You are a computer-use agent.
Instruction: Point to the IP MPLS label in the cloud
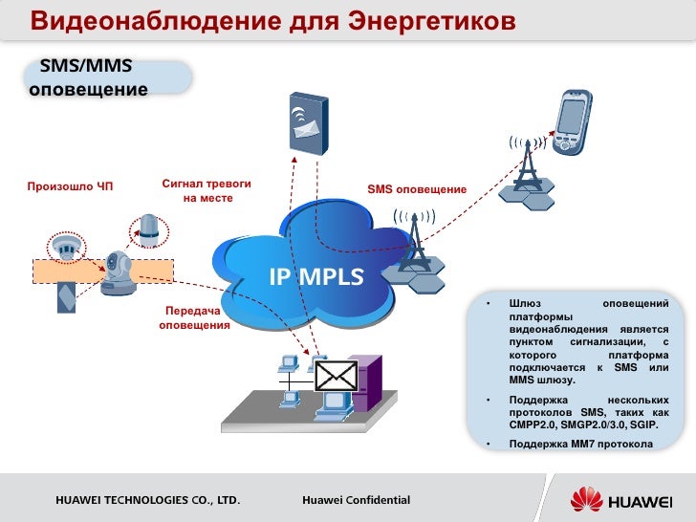(x=316, y=277)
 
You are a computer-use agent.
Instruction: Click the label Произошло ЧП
(x=70, y=185)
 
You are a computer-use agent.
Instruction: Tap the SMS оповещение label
(x=417, y=190)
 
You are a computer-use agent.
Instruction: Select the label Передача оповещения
(x=194, y=318)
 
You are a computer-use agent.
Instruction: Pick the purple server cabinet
(x=366, y=383)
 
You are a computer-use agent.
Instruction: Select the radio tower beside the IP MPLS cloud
(x=415, y=245)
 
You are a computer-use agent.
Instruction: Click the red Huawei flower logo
(x=585, y=500)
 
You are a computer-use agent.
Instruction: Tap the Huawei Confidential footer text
(x=356, y=500)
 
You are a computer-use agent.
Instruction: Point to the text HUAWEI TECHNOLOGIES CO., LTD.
(x=146, y=500)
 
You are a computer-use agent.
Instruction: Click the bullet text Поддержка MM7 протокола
(x=580, y=445)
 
